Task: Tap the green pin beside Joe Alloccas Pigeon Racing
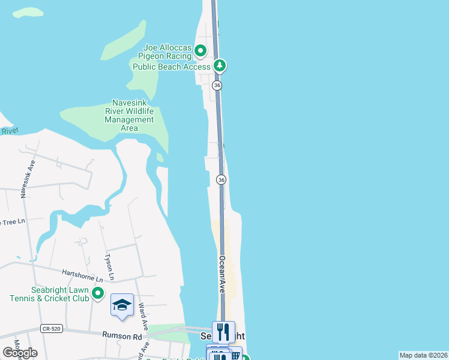(x=201, y=50)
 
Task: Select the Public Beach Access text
(x=171, y=67)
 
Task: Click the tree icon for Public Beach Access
(x=220, y=65)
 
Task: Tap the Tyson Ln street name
(x=109, y=266)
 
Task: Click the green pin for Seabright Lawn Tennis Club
(x=98, y=294)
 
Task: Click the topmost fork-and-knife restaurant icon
(x=223, y=331)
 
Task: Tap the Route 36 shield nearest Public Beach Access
(x=217, y=86)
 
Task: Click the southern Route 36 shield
(x=221, y=180)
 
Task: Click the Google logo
(x=20, y=352)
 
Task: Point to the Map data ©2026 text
(x=423, y=355)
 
